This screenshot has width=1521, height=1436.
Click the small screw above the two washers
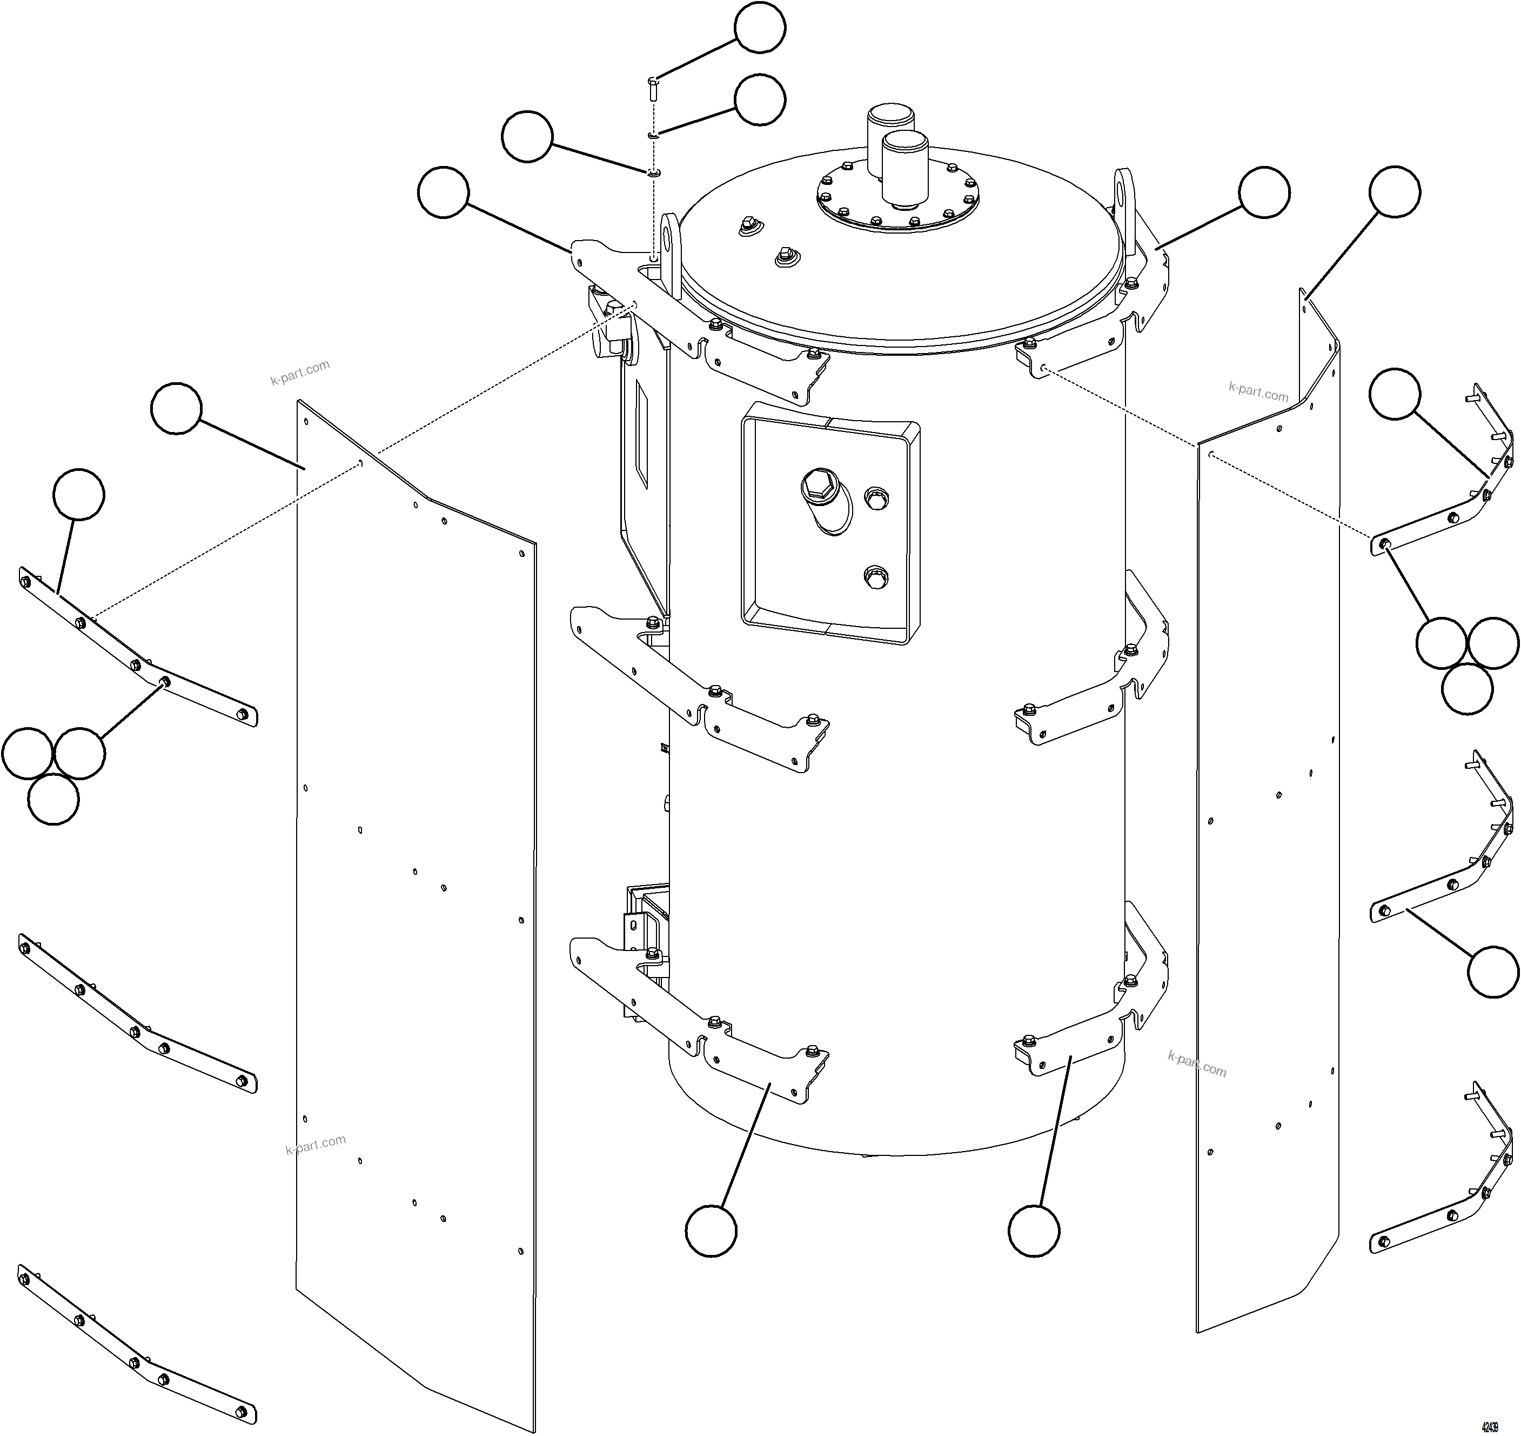(x=653, y=88)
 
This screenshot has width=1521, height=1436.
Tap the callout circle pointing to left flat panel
(x=176, y=409)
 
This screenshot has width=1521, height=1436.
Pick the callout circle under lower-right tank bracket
(x=1034, y=1231)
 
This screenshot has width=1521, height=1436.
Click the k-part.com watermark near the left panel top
(x=300, y=372)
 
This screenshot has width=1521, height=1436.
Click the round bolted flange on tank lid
(x=897, y=201)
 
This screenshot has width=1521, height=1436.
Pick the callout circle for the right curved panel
(x=1394, y=191)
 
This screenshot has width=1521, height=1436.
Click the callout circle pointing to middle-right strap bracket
(x=1493, y=972)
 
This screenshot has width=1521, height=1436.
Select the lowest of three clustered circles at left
(x=53, y=799)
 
